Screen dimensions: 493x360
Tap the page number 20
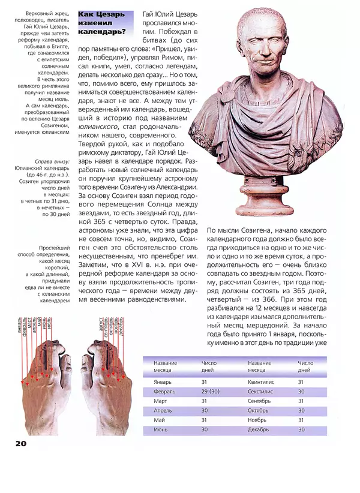pos(18,444)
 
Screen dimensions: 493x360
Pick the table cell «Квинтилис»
pos(262,381)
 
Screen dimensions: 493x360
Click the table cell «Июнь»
pos(161,429)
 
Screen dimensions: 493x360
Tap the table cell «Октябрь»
pos(259,410)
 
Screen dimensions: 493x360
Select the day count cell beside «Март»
pos(205,401)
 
